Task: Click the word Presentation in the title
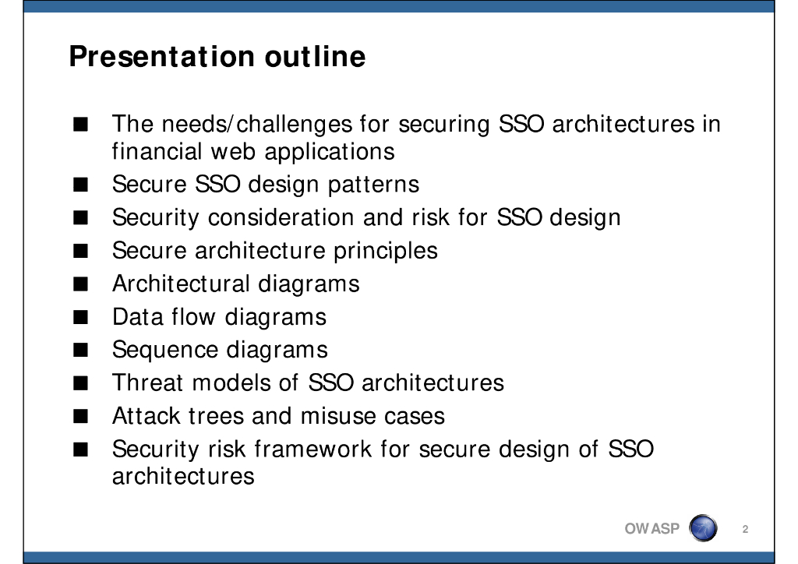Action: pyautogui.click(x=162, y=56)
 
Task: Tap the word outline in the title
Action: pyautogui.click(x=315, y=56)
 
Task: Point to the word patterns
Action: pyautogui.click(x=373, y=185)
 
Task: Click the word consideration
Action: pyautogui.click(x=281, y=217)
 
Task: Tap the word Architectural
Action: pyautogui.click(x=181, y=284)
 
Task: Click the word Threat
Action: pyautogui.click(x=147, y=382)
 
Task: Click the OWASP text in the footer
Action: pyautogui.click(x=652, y=529)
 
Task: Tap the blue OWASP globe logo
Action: pyautogui.click(x=703, y=528)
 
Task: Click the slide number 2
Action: pyautogui.click(x=745, y=530)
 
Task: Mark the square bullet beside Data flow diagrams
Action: pyautogui.click(x=80, y=317)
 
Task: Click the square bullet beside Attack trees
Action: pyautogui.click(x=80, y=417)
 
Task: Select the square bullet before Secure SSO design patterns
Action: pyautogui.click(x=80, y=185)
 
